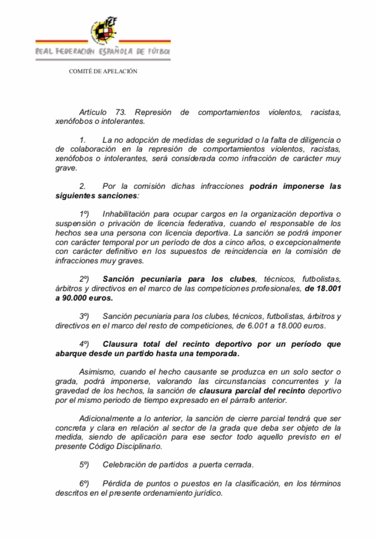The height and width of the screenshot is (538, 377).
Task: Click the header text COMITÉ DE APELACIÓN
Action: (103, 71)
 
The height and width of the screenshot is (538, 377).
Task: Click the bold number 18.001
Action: (323, 288)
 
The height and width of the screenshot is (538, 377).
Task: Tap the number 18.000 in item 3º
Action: (296, 325)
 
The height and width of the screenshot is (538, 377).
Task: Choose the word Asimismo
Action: (97, 371)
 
